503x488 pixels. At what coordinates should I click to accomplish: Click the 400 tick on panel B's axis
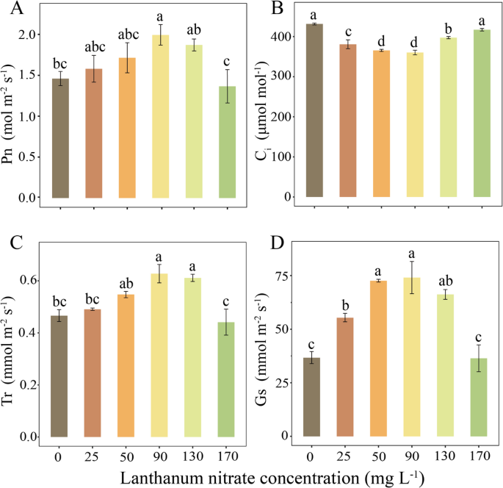click(279, 37)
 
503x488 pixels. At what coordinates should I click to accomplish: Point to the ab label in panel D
click(444, 281)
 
